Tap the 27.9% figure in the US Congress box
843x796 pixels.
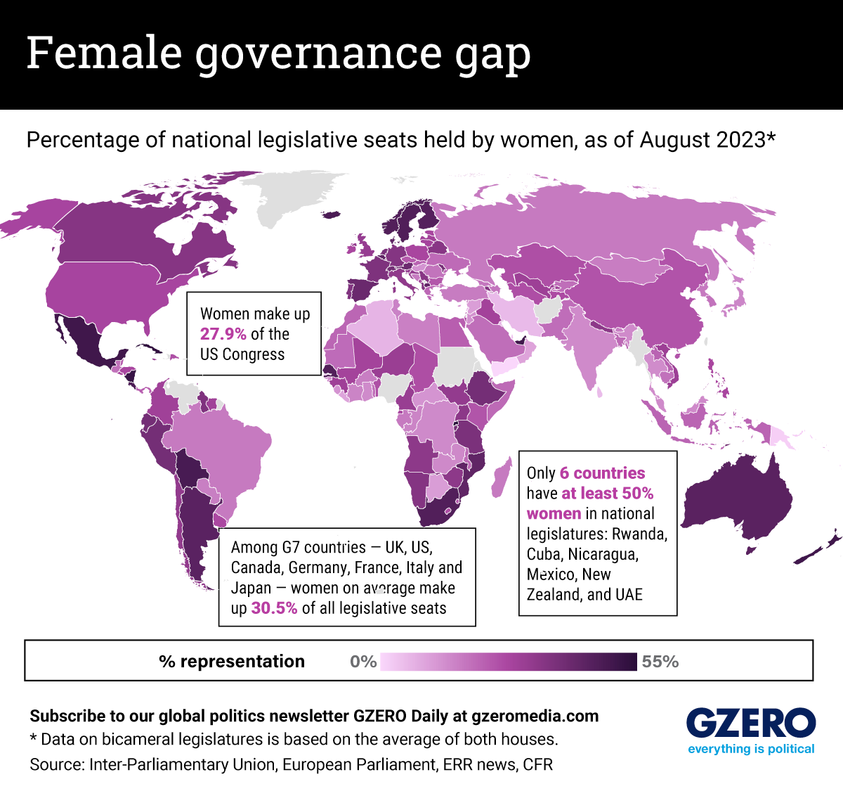pyautogui.click(x=223, y=334)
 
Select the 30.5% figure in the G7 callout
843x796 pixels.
pyautogui.click(x=274, y=608)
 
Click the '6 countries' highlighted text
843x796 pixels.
pyautogui.click(x=602, y=473)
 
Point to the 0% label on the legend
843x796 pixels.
pyautogui.click(x=363, y=662)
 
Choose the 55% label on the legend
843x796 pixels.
pyautogui.click(x=660, y=662)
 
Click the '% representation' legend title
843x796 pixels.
pyautogui.click(x=232, y=662)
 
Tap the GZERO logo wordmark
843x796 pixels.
pyautogui.click(x=750, y=724)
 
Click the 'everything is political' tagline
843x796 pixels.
pyautogui.click(x=751, y=749)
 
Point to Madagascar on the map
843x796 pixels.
pyautogui.click(x=501, y=477)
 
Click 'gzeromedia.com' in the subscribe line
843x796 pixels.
pyautogui.click(x=535, y=717)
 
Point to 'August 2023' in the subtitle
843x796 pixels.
pyautogui.click(x=702, y=140)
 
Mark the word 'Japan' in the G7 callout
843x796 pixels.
pyautogui.click(x=251, y=589)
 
